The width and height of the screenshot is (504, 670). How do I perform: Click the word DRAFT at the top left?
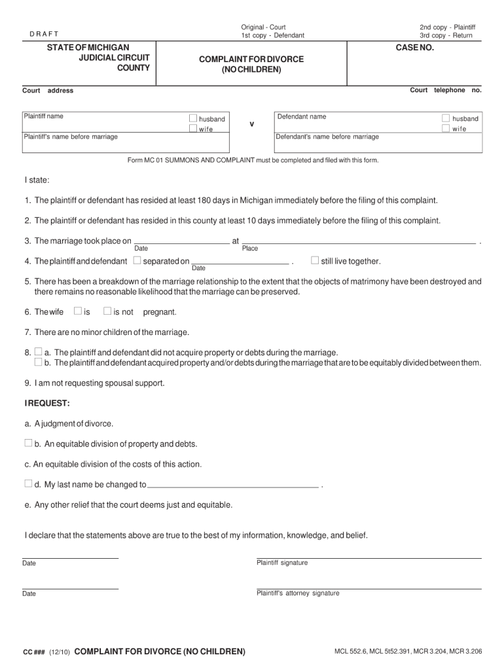tap(45, 34)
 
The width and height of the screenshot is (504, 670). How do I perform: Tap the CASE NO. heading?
tap(414, 48)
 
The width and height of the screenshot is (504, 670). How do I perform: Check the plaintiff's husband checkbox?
tap(193, 118)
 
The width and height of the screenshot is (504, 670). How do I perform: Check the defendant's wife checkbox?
tap(446, 128)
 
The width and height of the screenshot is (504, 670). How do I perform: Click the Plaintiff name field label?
tap(43, 116)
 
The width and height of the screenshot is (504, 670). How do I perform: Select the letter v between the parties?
tap(252, 124)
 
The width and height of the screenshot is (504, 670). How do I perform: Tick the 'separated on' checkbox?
tap(137, 261)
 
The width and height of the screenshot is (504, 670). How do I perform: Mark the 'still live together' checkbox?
tap(315, 260)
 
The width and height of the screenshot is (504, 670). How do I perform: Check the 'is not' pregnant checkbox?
tap(107, 311)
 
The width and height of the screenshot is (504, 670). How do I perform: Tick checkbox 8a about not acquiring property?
tap(38, 351)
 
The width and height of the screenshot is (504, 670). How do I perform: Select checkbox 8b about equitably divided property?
tap(38, 362)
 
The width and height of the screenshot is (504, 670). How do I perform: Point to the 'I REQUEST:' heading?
tap(47, 402)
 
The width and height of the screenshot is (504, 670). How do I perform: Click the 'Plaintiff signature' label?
tap(282, 563)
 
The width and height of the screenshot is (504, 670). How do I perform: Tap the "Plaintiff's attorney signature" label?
tap(298, 593)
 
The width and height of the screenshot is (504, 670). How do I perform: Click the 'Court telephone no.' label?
tap(445, 90)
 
